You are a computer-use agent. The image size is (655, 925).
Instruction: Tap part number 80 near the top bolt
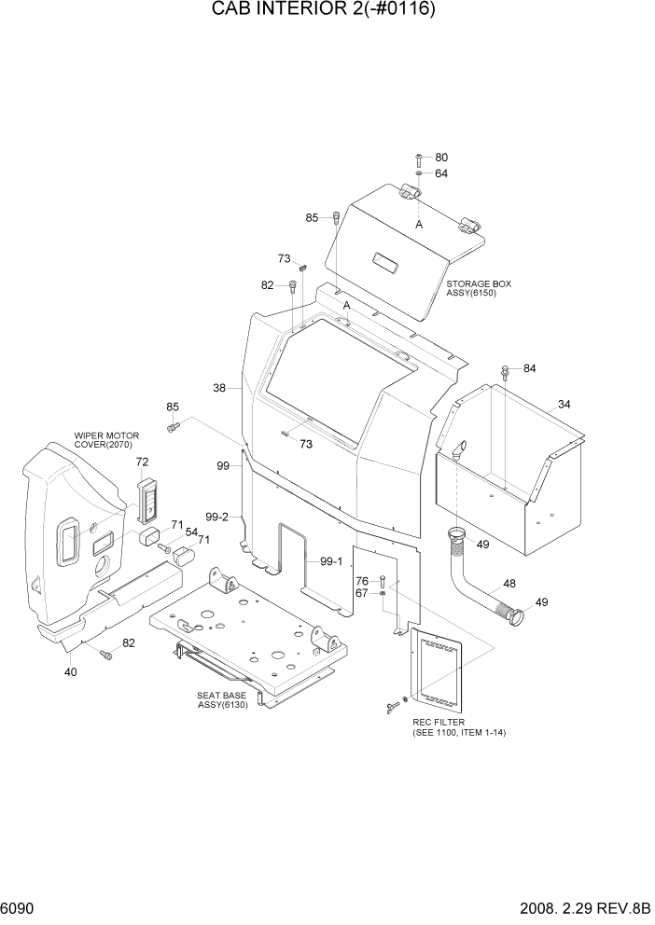pyautogui.click(x=441, y=158)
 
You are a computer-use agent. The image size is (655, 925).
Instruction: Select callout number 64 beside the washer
pyautogui.click(x=441, y=173)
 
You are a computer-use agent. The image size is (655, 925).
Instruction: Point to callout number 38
pyautogui.click(x=219, y=388)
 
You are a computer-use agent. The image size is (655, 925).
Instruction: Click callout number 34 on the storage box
pyautogui.click(x=564, y=404)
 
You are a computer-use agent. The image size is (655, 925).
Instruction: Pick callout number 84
pyautogui.click(x=529, y=369)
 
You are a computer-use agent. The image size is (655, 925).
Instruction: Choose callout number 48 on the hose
pyautogui.click(x=509, y=584)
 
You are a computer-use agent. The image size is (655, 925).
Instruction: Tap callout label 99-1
pyautogui.click(x=332, y=561)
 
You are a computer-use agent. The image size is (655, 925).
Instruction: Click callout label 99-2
pyautogui.click(x=217, y=517)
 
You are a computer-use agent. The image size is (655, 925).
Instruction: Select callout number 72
pyautogui.click(x=142, y=462)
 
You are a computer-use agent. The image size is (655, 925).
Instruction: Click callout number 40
pyautogui.click(x=70, y=671)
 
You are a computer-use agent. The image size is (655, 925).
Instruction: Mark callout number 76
pyautogui.click(x=362, y=581)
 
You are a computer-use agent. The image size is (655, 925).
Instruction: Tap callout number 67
pyautogui.click(x=362, y=594)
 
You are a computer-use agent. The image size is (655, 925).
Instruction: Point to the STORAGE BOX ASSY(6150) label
pyautogui.click(x=479, y=287)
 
